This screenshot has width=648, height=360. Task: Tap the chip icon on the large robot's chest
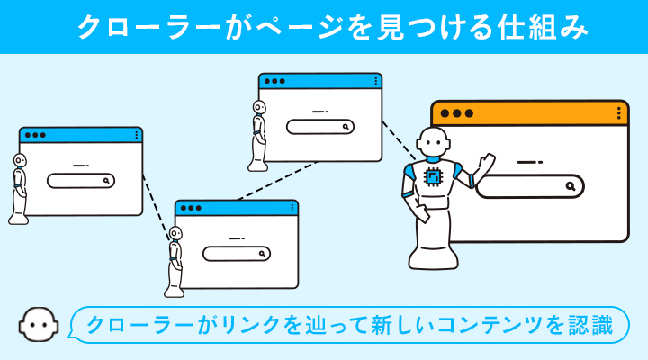[434, 177]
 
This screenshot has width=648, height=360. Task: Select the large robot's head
[435, 141]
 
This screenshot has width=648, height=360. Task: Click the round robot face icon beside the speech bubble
[36, 324]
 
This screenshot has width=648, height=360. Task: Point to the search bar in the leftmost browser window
[82, 180]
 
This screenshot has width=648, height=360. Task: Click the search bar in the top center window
[320, 127]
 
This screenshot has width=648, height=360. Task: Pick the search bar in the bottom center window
[237, 254]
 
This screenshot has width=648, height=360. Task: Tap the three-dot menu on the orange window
[618, 113]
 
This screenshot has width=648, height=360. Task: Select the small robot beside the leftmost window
[19, 189]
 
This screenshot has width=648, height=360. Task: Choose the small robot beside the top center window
[259, 135]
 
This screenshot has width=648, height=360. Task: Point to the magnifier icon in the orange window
[571, 186]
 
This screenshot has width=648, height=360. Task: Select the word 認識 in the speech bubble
[590, 324]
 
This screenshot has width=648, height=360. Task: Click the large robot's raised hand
[488, 163]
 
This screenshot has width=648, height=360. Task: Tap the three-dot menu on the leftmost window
[137, 135]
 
